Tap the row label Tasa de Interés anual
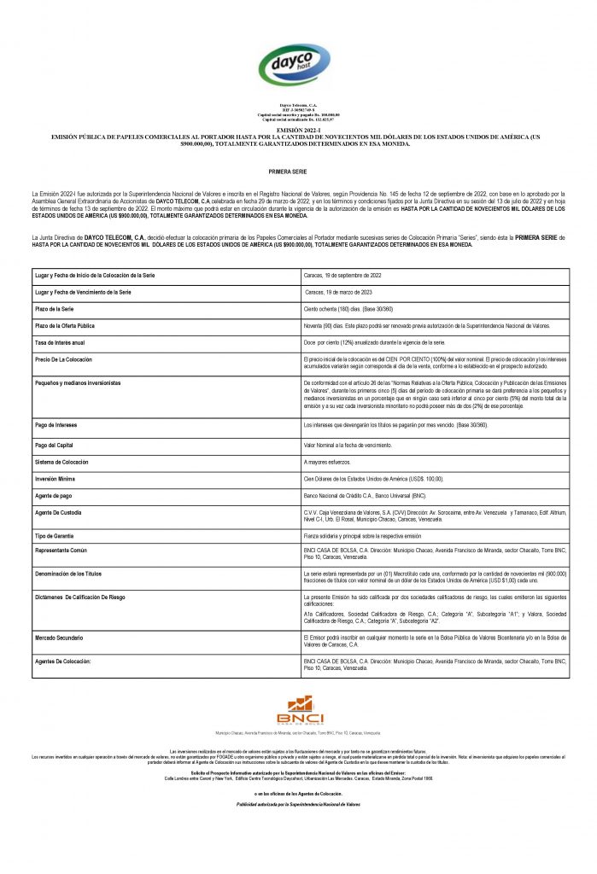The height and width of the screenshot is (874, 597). coord(65,341)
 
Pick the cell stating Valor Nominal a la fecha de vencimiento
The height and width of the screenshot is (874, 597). coord(348,445)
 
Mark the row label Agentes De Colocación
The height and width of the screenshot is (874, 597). coord(67,661)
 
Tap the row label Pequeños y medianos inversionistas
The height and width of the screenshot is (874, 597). coord(78,383)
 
